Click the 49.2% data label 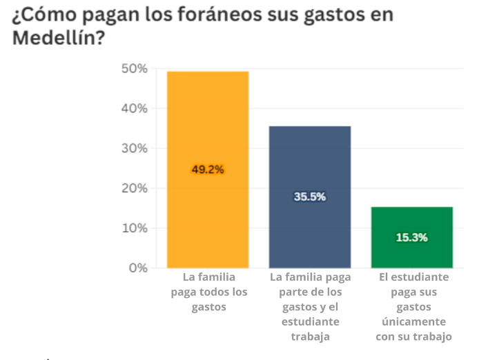208,170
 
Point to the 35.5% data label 310,197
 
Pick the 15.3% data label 412,237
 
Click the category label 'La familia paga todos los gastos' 208,292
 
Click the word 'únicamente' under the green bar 413,322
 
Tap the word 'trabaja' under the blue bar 310,337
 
